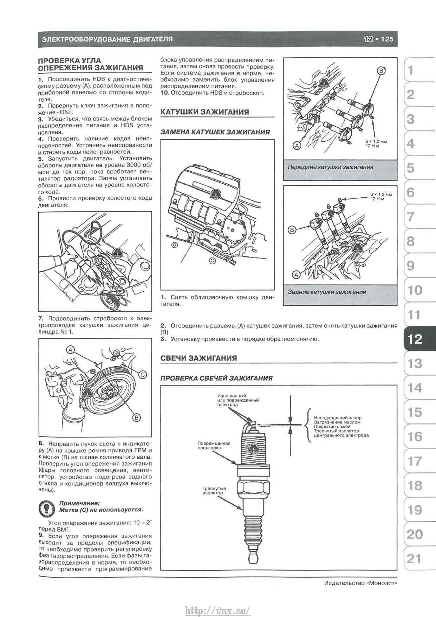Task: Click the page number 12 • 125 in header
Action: [x=379, y=39]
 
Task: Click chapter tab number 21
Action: [x=414, y=559]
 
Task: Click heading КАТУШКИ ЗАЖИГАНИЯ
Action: [x=204, y=112]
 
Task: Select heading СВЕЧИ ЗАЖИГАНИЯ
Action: [x=199, y=358]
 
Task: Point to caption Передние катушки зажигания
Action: [x=330, y=167]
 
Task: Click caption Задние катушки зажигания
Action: [x=327, y=292]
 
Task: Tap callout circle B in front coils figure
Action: [x=381, y=71]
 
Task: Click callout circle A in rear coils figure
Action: [x=296, y=274]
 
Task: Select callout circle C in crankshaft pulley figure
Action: [x=142, y=375]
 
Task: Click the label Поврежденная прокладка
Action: [x=214, y=446]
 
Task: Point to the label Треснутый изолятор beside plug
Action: [x=214, y=491]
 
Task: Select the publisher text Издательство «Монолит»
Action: [x=361, y=583]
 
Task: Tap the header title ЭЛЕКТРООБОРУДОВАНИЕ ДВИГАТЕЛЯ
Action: [x=107, y=39]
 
